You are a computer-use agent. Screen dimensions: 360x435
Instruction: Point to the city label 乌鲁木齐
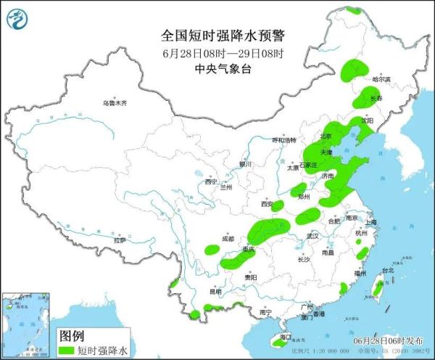click(115, 103)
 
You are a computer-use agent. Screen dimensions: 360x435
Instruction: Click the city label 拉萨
click(120, 240)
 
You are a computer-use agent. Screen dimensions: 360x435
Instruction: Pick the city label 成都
click(228, 238)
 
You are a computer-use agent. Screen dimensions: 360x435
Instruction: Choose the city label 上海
click(370, 222)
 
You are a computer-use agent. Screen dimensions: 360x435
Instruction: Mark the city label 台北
click(386, 270)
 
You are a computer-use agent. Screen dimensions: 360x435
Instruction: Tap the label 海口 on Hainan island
click(285, 337)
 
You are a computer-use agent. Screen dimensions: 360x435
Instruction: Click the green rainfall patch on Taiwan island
click(376, 288)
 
